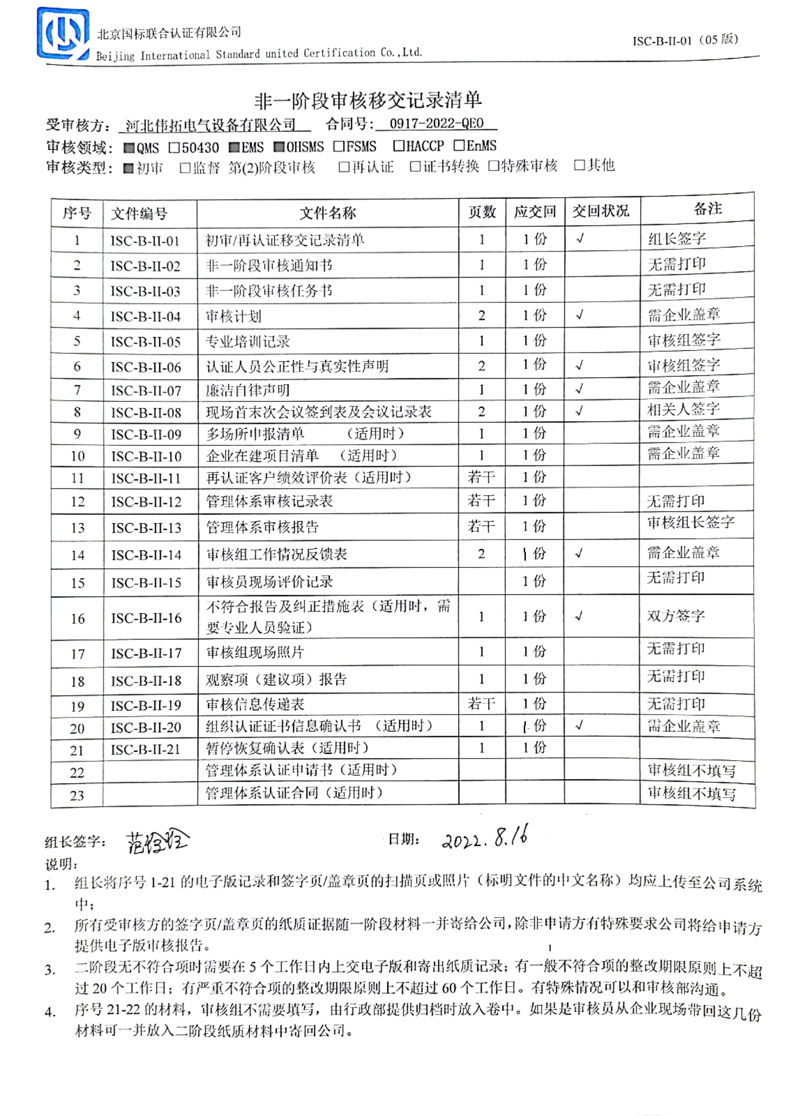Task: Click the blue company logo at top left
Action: point(63,33)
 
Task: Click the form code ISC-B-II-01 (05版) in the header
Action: point(685,40)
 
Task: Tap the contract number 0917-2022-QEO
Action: point(436,123)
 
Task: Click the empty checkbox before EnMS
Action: point(458,145)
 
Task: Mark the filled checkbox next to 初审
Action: point(129,169)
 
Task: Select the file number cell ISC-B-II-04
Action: point(146,316)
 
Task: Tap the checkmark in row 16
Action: point(579,616)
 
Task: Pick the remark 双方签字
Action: point(676,616)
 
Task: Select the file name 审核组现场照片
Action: point(255,652)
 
